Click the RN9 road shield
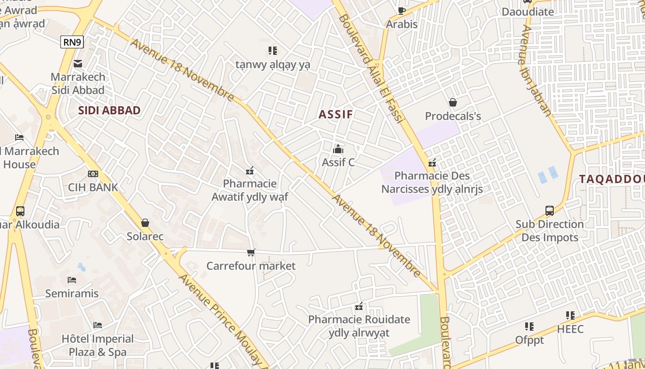[72, 42]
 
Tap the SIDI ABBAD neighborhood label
[109, 111]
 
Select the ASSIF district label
[335, 114]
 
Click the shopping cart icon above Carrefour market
[251, 252]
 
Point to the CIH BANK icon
[93, 174]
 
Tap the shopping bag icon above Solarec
[145, 223]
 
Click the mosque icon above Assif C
[338, 149]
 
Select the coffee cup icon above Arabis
[402, 11]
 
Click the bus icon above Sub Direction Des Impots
[550, 211]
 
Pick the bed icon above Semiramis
[72, 280]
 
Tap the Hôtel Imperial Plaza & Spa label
[98, 345]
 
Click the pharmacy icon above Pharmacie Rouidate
[359, 306]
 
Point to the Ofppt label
[529, 340]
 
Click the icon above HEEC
[570, 315]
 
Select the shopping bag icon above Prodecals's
[453, 102]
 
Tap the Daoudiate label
[528, 12]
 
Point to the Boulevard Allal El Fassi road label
[371, 69]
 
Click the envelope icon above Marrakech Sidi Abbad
[78, 63]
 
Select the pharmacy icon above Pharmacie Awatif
[250, 171]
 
